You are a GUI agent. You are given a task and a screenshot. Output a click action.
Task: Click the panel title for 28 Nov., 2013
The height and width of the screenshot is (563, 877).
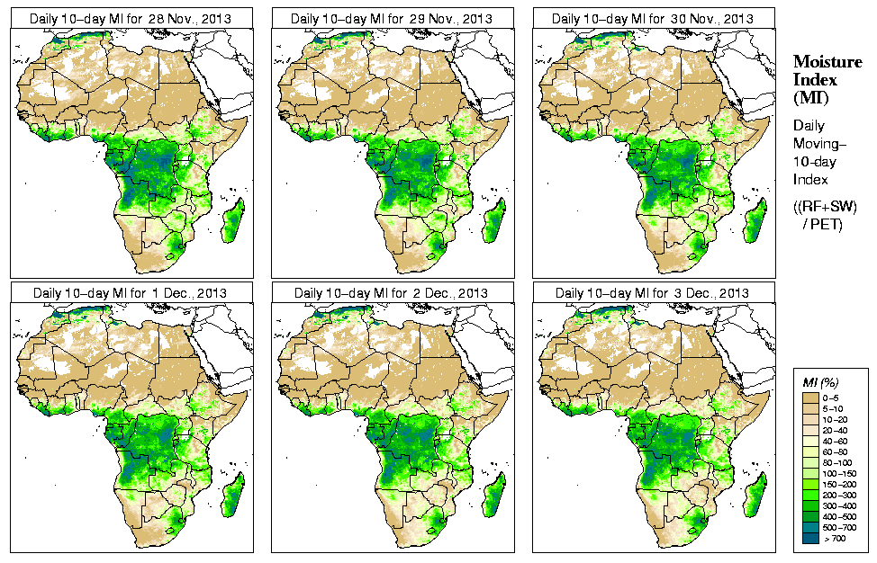[130, 18]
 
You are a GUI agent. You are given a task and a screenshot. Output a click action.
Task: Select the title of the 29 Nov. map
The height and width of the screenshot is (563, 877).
[391, 18]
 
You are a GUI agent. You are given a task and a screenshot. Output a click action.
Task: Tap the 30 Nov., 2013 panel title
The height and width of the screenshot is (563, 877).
[652, 18]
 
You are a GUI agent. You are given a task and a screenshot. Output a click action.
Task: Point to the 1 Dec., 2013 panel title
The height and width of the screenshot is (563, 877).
[130, 293]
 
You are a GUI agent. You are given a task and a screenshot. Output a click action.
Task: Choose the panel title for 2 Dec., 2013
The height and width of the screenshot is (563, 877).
[391, 293]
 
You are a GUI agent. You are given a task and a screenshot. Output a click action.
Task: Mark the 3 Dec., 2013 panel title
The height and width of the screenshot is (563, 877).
[652, 293]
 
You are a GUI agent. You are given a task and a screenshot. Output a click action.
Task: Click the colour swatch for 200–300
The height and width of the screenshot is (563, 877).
[810, 494]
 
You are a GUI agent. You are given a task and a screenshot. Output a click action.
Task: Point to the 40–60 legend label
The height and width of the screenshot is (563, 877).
[834, 440]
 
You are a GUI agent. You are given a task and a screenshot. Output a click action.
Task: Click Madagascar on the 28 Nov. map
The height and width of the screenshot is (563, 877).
[233, 220]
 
